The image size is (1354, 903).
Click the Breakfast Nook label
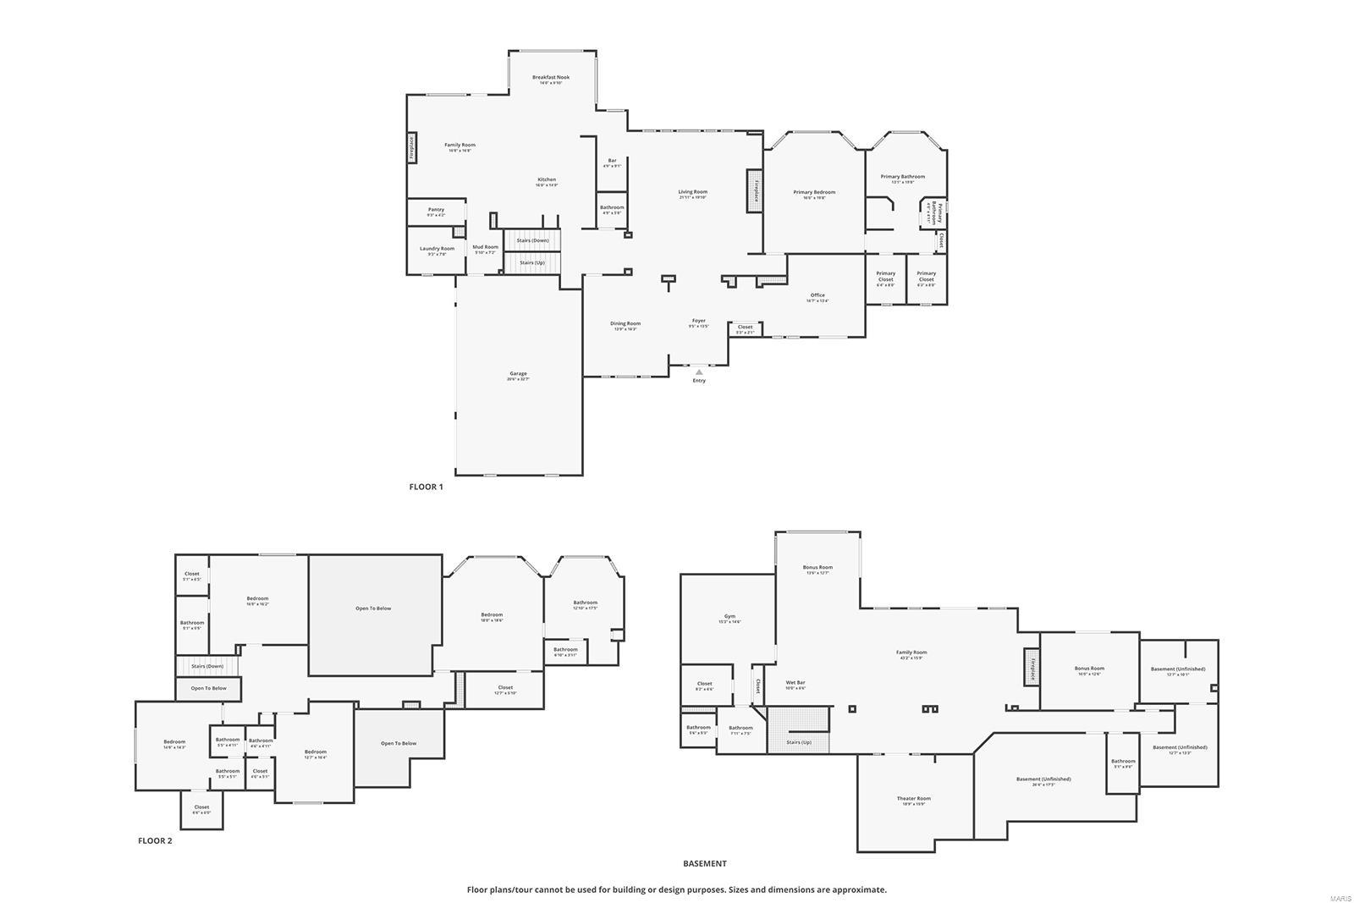pyautogui.click(x=551, y=78)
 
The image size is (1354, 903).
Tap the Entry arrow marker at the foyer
pyautogui.click(x=699, y=371)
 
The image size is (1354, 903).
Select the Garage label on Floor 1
pyautogui.click(x=518, y=374)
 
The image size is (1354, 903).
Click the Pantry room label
pyautogui.click(x=436, y=210)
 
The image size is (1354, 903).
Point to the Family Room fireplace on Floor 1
pyautogui.click(x=411, y=148)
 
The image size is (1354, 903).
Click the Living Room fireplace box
pyautogui.click(x=754, y=190)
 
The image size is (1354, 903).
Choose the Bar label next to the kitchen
pyautogui.click(x=612, y=161)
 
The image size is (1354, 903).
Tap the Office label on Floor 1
pyautogui.click(x=817, y=295)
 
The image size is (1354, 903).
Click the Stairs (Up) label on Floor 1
pyautogui.click(x=532, y=262)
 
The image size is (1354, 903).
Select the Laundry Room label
pyautogui.click(x=437, y=249)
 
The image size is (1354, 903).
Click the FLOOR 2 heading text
pyautogui.click(x=155, y=841)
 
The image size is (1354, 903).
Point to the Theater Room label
pyautogui.click(x=913, y=799)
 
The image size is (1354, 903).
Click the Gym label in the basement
pyautogui.click(x=729, y=617)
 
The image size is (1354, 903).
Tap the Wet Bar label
pyautogui.click(x=795, y=682)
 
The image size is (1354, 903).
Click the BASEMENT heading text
pyautogui.click(x=704, y=864)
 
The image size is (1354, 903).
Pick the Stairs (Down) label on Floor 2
pyautogui.click(x=207, y=666)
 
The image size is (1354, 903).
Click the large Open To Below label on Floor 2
pyautogui.click(x=373, y=608)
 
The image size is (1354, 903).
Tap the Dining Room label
pyautogui.click(x=625, y=323)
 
